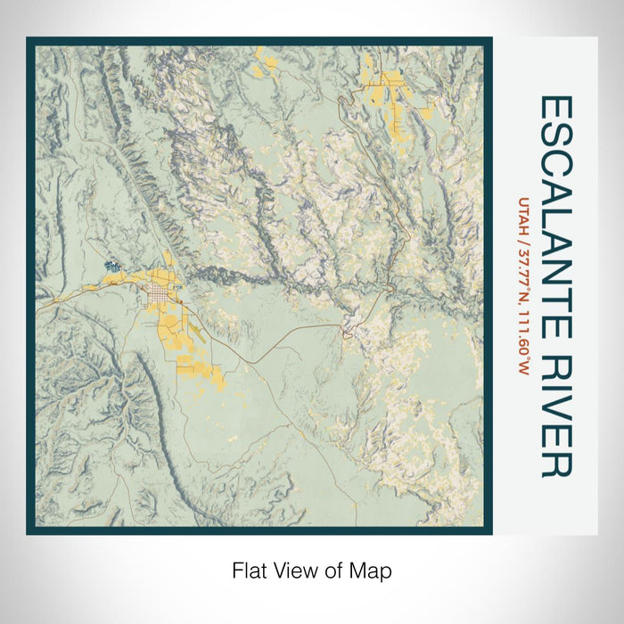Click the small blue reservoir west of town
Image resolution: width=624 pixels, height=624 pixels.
click(112, 266)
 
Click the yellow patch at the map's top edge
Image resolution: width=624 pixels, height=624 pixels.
click(266, 62)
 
